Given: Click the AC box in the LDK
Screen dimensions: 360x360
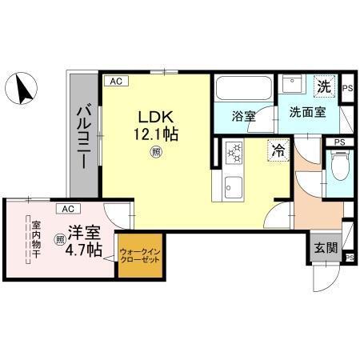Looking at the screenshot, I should (116, 81).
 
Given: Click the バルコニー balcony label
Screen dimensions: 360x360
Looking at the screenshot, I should (84, 136).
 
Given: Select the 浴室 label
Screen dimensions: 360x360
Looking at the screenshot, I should (244, 116).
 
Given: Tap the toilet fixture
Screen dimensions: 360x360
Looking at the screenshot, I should (338, 168).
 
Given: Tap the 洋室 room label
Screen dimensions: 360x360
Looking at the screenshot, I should (84, 234).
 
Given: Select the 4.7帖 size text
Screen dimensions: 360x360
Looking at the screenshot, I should (83, 251).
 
